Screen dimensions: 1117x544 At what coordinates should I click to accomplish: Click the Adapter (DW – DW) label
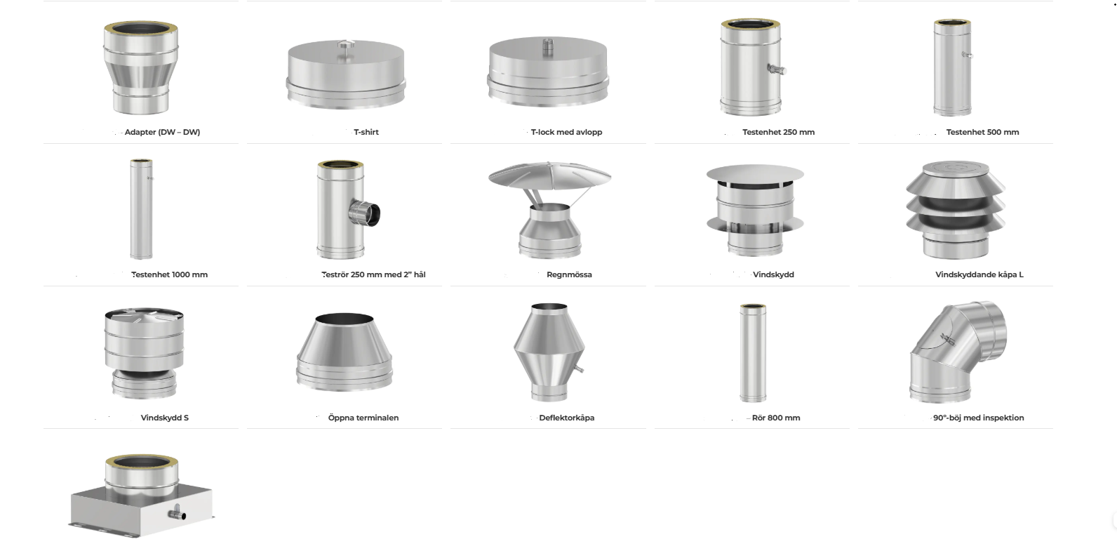click(162, 132)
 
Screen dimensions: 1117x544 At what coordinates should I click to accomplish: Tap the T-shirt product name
click(366, 132)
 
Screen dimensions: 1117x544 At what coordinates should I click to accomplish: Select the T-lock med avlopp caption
click(566, 132)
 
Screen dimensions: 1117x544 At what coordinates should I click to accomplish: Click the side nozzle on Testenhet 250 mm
click(777, 70)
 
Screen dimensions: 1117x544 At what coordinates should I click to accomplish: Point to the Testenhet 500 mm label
click(982, 132)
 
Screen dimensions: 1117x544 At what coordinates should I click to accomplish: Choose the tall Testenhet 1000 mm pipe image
click(141, 208)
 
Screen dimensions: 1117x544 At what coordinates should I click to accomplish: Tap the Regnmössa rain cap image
click(549, 210)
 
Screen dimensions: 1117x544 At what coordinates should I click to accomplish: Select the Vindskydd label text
click(773, 274)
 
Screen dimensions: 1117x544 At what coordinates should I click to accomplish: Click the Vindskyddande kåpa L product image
click(955, 210)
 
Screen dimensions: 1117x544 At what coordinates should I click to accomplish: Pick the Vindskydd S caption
click(165, 418)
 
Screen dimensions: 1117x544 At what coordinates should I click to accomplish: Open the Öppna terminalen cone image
click(345, 352)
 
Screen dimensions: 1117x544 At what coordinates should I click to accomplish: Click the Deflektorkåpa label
click(566, 418)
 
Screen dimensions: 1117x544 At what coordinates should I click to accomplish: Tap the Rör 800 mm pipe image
click(753, 353)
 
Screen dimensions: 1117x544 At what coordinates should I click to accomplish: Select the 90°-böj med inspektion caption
click(978, 418)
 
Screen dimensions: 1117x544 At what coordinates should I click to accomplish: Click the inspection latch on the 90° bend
click(947, 340)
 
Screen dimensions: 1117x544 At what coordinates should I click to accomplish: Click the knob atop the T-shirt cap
click(345, 45)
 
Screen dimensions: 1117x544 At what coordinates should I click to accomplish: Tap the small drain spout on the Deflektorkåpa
click(579, 369)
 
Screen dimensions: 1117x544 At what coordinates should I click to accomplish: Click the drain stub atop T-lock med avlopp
click(547, 44)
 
